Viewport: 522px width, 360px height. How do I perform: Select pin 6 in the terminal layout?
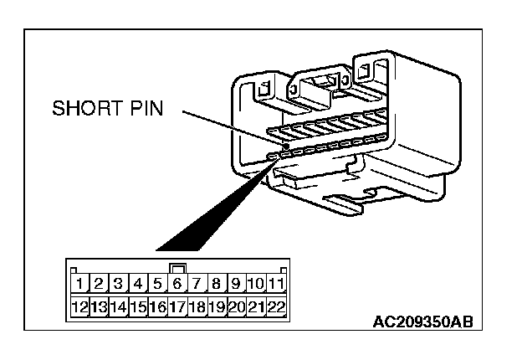pyautogui.click(x=177, y=285)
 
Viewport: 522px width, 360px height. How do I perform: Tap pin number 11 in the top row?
pyautogui.click(x=276, y=285)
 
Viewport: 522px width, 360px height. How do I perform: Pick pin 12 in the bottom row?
pyautogui.click(x=79, y=306)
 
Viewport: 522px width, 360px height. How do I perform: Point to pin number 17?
pyautogui.click(x=177, y=306)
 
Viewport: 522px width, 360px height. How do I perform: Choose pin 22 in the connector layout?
pyautogui.click(x=276, y=306)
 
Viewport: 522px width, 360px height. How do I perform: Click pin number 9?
pyautogui.click(x=236, y=285)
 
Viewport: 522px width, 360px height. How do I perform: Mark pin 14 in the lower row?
pyautogui.click(x=118, y=306)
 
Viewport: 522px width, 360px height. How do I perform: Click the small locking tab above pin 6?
pyautogui.click(x=177, y=270)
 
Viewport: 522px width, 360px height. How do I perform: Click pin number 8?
pyautogui.click(x=217, y=285)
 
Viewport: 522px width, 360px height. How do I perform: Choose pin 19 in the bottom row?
pyautogui.click(x=217, y=306)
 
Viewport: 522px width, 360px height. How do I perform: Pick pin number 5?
pyautogui.click(x=157, y=285)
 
